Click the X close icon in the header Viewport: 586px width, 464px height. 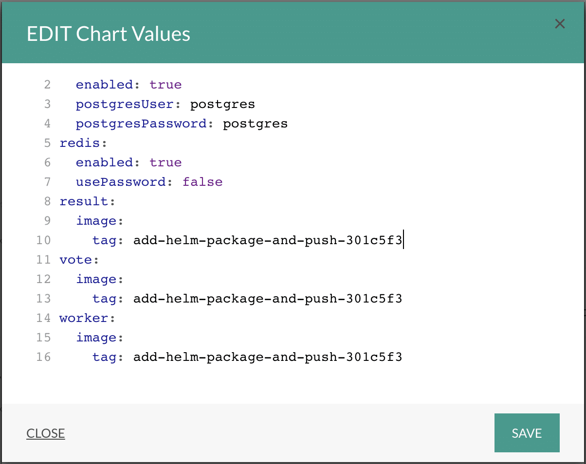[560, 24]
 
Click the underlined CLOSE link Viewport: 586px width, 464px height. [45, 433]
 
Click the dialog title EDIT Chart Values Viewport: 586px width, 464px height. [109, 34]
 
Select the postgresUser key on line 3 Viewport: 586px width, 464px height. [125, 105]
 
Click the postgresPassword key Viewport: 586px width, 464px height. [141, 124]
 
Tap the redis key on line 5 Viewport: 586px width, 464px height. [79, 143]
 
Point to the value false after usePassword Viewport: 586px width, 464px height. [202, 182]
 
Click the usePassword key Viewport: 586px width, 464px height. [120, 182]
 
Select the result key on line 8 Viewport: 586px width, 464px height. [84, 201]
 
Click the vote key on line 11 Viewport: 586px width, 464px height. [75, 260]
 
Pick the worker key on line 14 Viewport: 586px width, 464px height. [84, 318]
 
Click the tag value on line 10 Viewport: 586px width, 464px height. [268, 241]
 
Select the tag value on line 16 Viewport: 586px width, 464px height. [268, 357]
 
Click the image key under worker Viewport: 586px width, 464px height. [96, 338]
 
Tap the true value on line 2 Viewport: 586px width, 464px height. [165, 85]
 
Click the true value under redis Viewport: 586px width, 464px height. [165, 162]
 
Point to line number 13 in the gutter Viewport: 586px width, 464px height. [44, 299]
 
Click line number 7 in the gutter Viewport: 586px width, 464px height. [48, 182]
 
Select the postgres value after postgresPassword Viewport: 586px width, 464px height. [255, 124]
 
